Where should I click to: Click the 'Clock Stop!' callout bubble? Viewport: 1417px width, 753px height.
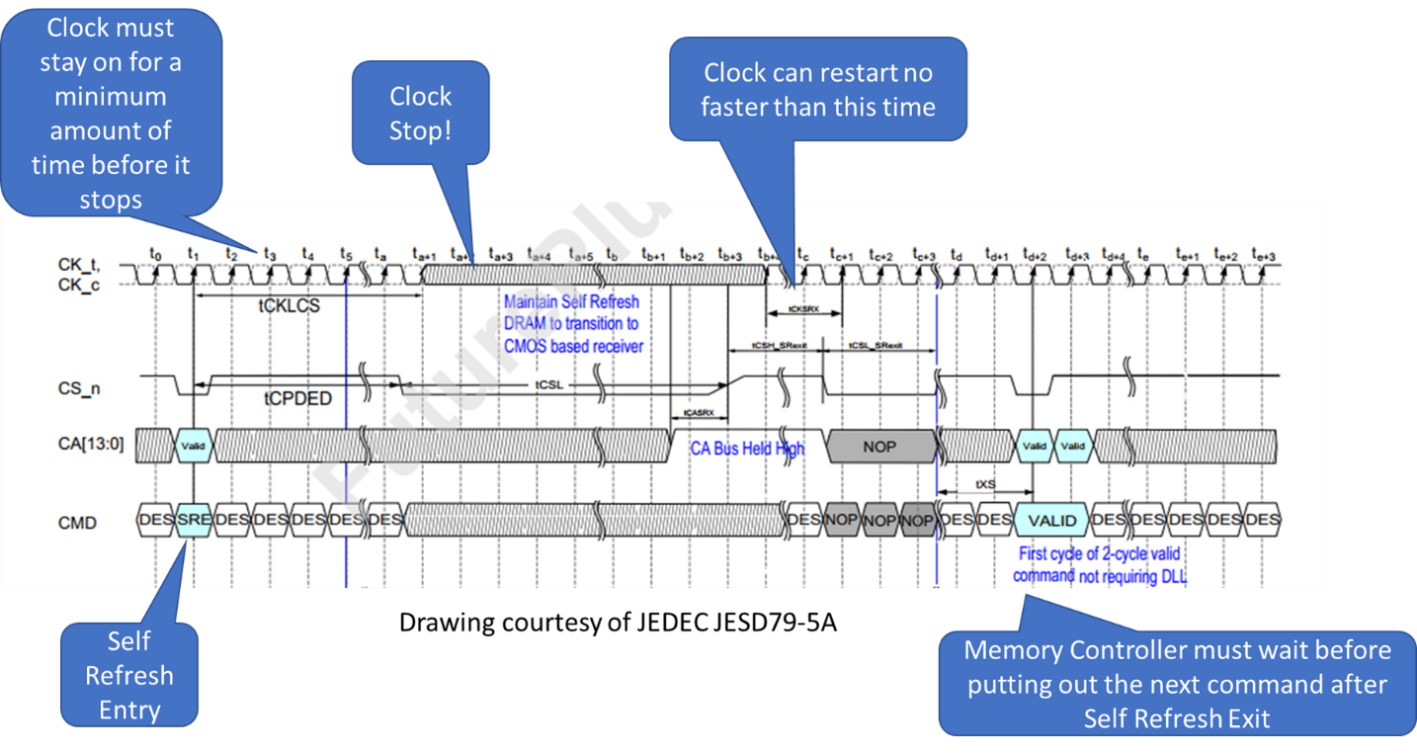pyautogui.click(x=420, y=113)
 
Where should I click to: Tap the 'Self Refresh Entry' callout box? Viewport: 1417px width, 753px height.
pyautogui.click(x=128, y=676)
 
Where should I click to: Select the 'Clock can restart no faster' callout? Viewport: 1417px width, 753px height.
pyautogui.click(x=817, y=90)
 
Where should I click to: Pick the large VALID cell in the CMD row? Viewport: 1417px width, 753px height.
pyautogui.click(x=1051, y=520)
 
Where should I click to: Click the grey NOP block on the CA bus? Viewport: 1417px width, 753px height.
pyautogui.click(x=879, y=447)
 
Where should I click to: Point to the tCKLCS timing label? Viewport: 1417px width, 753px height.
pyautogui.click(x=290, y=306)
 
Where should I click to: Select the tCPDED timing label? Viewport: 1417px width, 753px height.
pyautogui.click(x=297, y=398)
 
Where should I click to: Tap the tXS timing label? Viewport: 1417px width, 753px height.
pyautogui.click(x=985, y=485)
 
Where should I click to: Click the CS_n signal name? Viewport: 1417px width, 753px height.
pyautogui.click(x=79, y=388)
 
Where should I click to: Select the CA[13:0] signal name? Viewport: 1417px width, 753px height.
pyautogui.click(x=92, y=445)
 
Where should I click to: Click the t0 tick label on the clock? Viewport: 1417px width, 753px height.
pyautogui.click(x=155, y=254)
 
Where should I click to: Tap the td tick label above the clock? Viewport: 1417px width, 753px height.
pyautogui.click(x=956, y=254)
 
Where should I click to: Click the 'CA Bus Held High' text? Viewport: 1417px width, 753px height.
pyautogui.click(x=747, y=449)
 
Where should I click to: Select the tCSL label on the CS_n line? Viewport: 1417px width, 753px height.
pyautogui.click(x=549, y=384)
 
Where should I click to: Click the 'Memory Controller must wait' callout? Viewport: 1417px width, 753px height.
pyautogui.click(x=1176, y=684)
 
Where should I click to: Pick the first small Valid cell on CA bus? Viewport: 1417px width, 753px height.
pyautogui.click(x=193, y=446)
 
